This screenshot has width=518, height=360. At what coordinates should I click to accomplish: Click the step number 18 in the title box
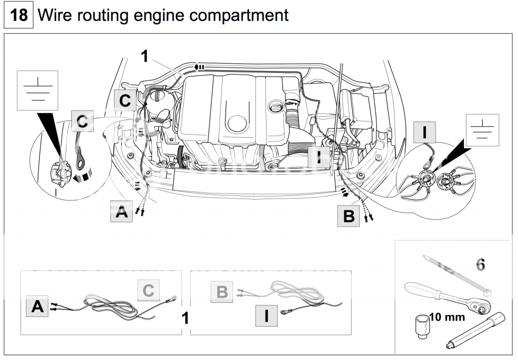[x=19, y=15]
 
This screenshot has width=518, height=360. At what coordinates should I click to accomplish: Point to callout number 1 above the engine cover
[x=145, y=56]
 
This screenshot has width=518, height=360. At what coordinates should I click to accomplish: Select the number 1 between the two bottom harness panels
[x=185, y=317]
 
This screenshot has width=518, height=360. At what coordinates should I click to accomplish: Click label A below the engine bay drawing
[x=121, y=211]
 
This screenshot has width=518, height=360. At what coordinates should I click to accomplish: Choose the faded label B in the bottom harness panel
[x=223, y=292]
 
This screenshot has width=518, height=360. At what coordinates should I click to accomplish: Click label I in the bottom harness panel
[x=267, y=315]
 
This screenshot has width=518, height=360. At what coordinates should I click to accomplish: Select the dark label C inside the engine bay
[x=125, y=100]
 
